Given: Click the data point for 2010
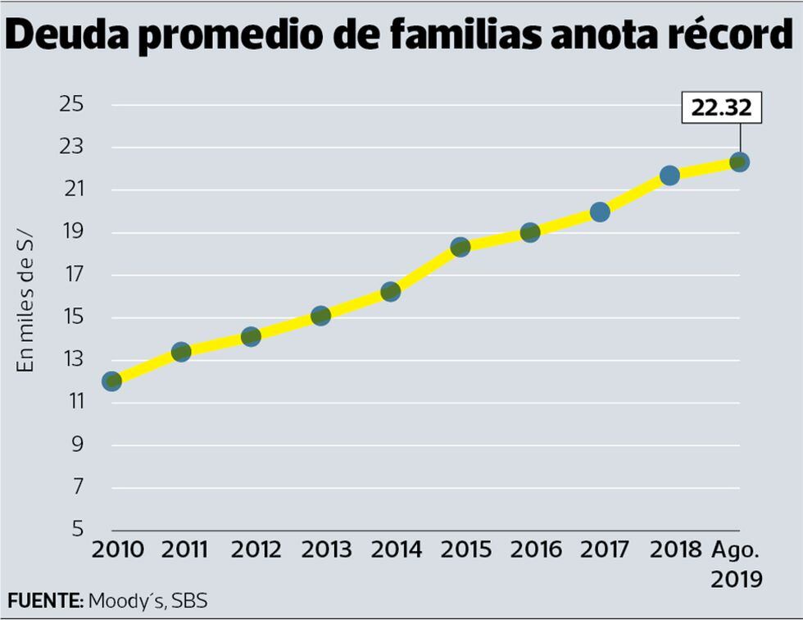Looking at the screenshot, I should point(111,381).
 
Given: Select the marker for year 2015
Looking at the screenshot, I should point(460,247).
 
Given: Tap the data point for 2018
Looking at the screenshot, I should point(669,175).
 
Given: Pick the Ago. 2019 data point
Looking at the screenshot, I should point(739,162).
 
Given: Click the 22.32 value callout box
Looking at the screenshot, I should point(721,107).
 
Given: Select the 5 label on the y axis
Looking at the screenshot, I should point(78,529).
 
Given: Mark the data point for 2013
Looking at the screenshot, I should point(320,316).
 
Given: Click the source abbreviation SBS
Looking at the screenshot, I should point(190,600).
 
